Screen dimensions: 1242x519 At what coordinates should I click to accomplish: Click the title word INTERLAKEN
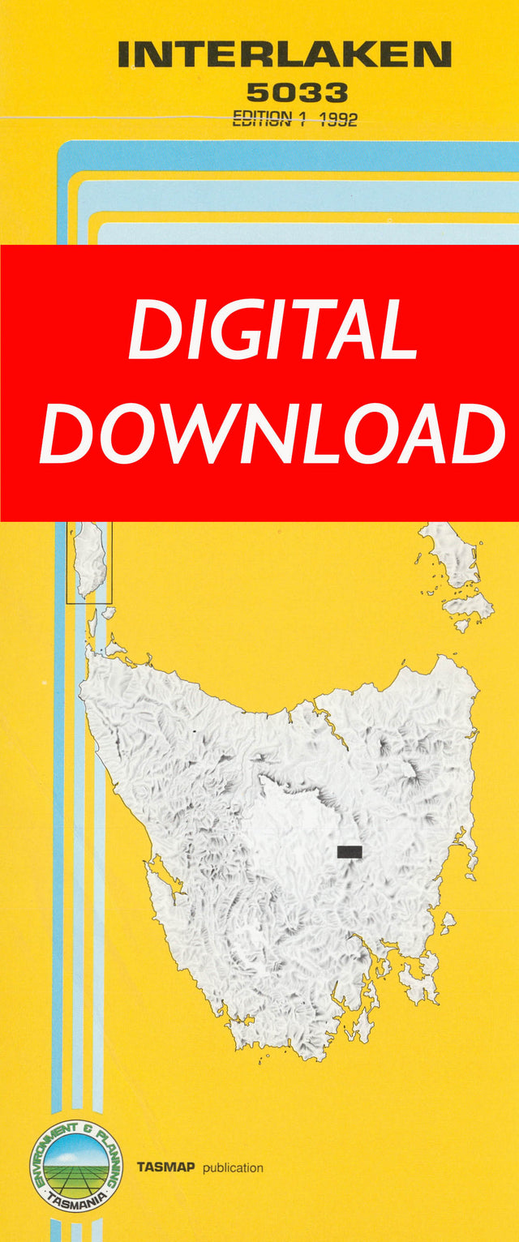pos(285,55)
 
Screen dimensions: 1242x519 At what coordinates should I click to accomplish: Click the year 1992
pos(338,119)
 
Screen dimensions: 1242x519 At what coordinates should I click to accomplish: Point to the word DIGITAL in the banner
pos(272,330)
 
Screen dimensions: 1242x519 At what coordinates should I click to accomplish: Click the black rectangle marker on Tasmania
pos(349,851)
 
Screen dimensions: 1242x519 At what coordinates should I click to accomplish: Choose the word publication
pos(234,1168)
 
